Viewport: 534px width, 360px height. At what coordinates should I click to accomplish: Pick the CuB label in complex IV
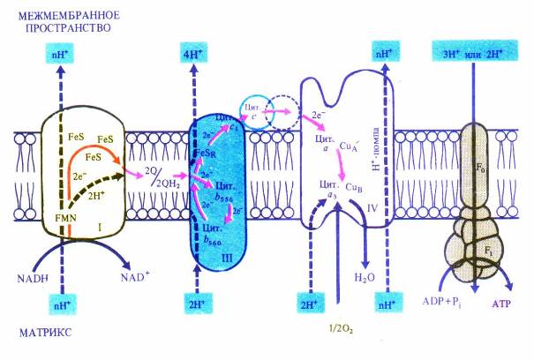tap(356, 186)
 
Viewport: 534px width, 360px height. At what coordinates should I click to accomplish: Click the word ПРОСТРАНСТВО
tap(55, 28)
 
